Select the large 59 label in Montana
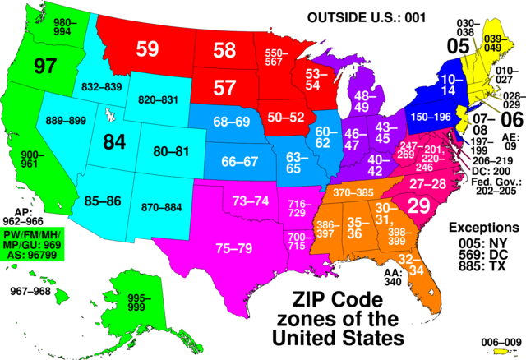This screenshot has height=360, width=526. click(147, 49)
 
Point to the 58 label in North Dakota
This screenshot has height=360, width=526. click(224, 51)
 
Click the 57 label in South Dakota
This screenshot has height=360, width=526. click(224, 87)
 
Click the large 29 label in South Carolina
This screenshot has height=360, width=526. click(419, 206)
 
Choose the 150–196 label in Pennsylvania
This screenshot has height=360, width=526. click(431, 118)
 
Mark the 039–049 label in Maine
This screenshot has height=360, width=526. click(493, 43)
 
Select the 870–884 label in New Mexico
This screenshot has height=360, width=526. click(160, 206)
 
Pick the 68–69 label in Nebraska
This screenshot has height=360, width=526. click(231, 122)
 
